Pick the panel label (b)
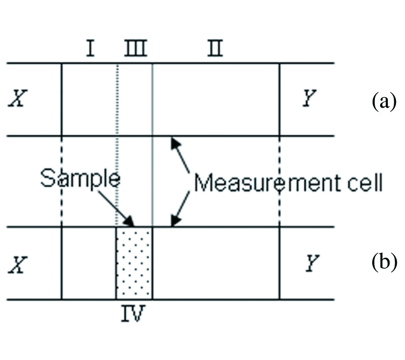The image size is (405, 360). coord(383,263)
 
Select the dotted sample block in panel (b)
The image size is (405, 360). coord(134,263)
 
